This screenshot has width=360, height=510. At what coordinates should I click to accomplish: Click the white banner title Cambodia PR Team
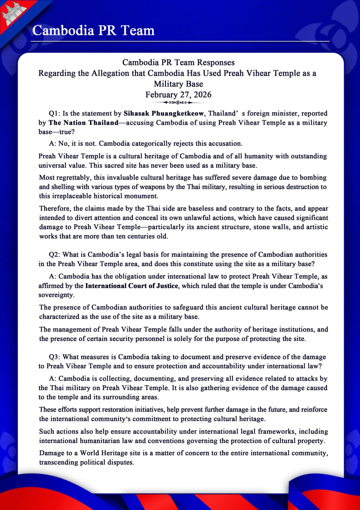[x=93, y=30]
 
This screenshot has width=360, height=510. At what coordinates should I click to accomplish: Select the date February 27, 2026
[x=178, y=95]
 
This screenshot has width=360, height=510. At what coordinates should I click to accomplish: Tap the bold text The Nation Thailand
[x=83, y=123]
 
